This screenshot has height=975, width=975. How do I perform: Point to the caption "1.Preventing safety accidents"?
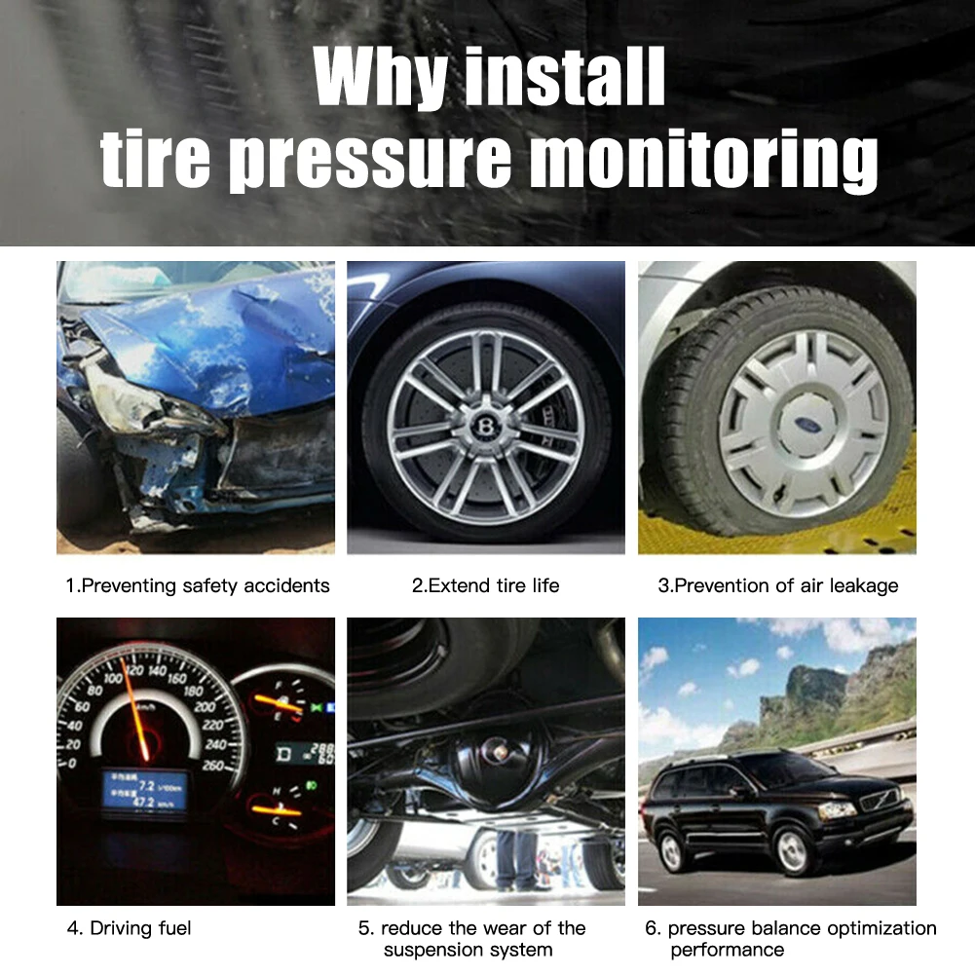[198, 585]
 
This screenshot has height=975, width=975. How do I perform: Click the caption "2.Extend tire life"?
[485, 585]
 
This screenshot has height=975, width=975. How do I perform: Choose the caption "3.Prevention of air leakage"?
[777, 585]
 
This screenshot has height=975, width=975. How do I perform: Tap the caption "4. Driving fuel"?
[130, 928]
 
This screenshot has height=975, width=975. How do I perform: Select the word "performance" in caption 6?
[728, 950]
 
